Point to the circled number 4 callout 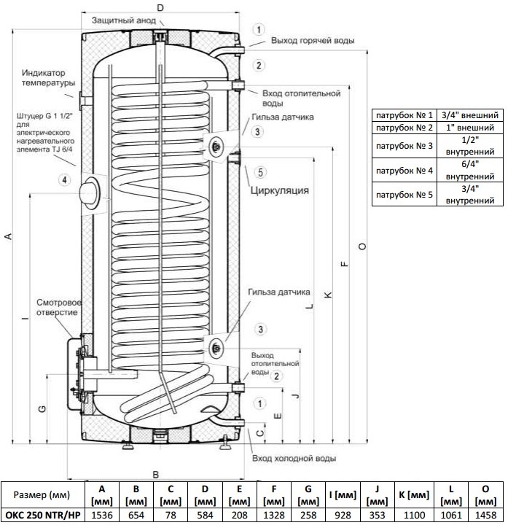point(65,179)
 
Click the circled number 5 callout point(262,173)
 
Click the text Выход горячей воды point(313,41)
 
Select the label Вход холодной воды point(294,459)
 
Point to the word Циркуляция point(280,191)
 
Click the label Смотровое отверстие point(60,307)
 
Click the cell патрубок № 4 point(404,171)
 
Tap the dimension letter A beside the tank point(8,236)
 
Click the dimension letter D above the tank point(160,7)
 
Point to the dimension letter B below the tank point(155,473)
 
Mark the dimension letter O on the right point(362,245)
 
